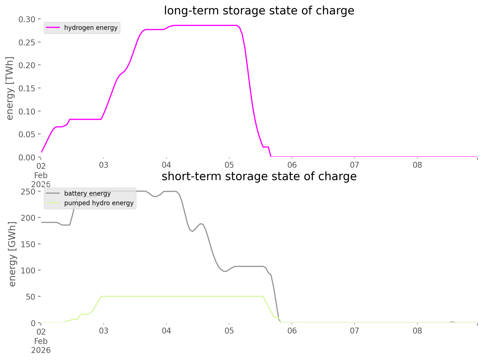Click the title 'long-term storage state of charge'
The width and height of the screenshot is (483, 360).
click(x=259, y=11)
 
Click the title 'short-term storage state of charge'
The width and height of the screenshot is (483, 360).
click(x=259, y=176)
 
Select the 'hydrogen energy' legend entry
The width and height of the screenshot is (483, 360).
click(x=91, y=28)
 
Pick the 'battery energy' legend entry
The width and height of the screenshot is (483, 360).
click(x=87, y=193)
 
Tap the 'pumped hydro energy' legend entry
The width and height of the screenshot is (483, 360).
click(x=99, y=203)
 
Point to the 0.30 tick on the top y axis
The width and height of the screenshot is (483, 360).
click(x=27, y=19)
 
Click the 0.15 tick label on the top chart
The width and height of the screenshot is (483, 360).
click(x=27, y=89)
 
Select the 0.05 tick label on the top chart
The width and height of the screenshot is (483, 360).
click(x=27, y=134)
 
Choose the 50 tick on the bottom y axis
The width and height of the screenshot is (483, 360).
click(x=31, y=297)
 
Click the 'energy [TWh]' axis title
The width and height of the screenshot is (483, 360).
click(x=10, y=88)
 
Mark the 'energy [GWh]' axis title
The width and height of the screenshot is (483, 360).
click(x=12, y=254)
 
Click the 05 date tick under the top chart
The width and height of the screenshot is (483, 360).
click(x=229, y=165)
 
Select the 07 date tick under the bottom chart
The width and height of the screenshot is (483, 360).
click(x=355, y=331)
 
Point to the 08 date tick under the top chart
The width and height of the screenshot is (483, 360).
click(x=417, y=165)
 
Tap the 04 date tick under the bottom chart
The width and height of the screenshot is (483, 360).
click(x=166, y=331)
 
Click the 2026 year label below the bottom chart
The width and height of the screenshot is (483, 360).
click(x=41, y=350)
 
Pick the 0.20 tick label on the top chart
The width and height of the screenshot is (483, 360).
click(x=27, y=65)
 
